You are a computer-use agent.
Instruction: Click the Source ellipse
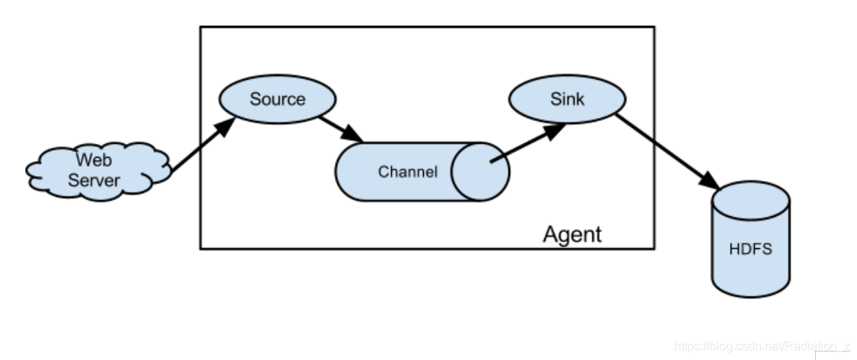[278, 99]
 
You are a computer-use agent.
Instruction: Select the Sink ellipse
[567, 99]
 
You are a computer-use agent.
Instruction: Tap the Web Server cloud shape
[98, 171]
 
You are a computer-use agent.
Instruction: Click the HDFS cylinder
[751, 239]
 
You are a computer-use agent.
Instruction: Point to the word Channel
[408, 172]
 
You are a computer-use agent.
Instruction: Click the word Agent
[572, 234]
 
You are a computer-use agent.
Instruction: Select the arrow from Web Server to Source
[202, 145]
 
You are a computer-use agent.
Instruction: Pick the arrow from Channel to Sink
[528, 143]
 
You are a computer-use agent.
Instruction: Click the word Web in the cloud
[94, 160]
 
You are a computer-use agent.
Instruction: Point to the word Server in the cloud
[94, 180]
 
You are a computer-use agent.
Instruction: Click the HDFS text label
[751, 249]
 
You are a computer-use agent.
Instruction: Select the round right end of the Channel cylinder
[480, 172]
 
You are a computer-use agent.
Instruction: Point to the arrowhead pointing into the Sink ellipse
[555, 131]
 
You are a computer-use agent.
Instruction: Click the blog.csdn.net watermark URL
[762, 346]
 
